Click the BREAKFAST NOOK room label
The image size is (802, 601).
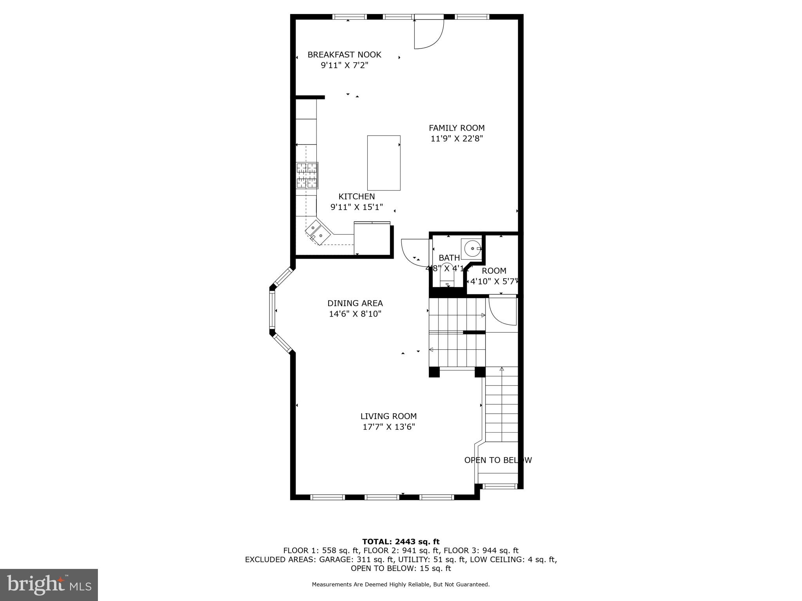344,55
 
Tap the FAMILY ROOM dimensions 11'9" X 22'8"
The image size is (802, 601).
457,139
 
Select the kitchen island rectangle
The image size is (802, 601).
384,163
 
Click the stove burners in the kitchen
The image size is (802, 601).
307,175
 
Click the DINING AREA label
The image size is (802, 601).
355,303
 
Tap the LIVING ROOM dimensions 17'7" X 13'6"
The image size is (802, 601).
388,427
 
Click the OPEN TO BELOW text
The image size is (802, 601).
498,460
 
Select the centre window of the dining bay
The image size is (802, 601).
272,310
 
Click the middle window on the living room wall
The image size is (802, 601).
381,497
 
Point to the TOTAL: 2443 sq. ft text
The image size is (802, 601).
401,542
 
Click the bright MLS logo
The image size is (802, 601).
49,585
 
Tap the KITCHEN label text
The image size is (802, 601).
356,197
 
